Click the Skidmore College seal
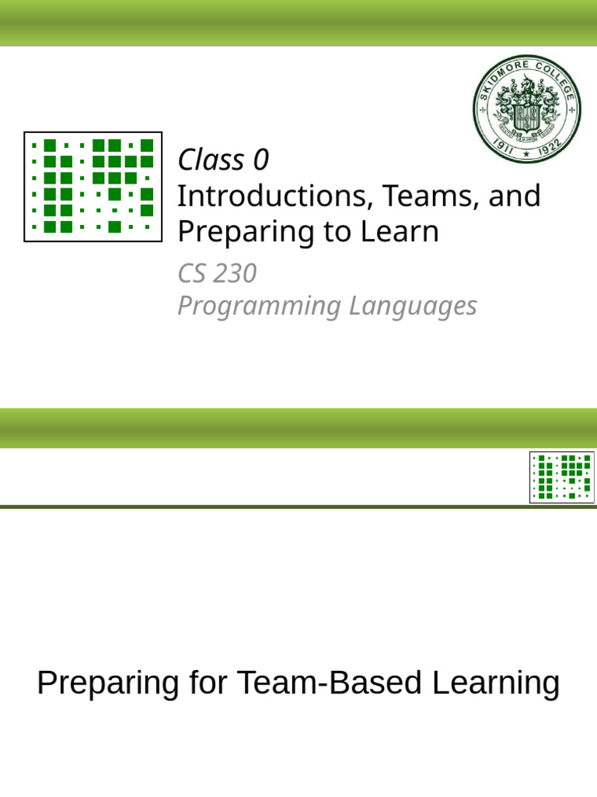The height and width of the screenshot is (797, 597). (x=527, y=110)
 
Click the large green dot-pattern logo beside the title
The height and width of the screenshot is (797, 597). (x=93, y=187)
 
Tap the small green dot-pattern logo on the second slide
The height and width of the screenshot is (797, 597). (x=562, y=477)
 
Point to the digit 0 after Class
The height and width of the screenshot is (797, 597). (x=260, y=160)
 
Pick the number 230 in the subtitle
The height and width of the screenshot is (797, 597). (x=236, y=274)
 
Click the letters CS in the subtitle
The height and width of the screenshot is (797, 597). (x=194, y=274)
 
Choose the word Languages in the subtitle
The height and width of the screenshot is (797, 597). (x=413, y=307)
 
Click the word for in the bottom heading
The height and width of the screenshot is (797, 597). (x=208, y=683)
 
